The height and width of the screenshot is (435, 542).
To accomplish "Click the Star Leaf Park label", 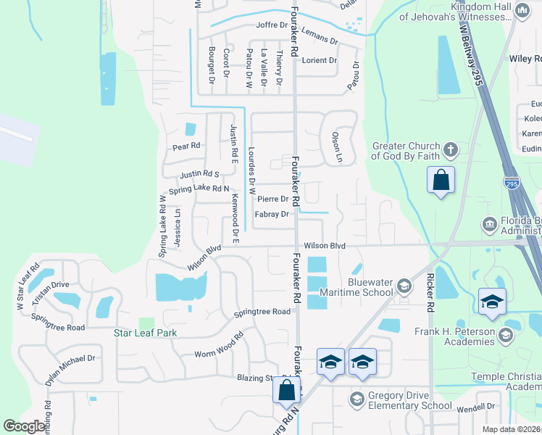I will click(146, 333).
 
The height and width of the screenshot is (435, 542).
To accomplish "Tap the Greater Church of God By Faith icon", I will click(450, 150).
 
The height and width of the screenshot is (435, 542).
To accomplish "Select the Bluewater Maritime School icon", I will click(404, 286).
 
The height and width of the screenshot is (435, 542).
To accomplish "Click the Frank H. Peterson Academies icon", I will click(506, 335).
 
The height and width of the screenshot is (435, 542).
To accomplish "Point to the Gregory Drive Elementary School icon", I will click(357, 399).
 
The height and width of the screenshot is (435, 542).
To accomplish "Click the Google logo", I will click(25, 426).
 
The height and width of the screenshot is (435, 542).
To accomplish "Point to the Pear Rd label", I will click(186, 146).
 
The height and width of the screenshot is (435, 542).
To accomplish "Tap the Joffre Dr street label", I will click(272, 25).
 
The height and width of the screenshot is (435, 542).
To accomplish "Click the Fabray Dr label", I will click(272, 215).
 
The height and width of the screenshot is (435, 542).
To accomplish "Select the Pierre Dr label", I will click(272, 199).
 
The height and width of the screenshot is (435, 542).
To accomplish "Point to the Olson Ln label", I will click(337, 146).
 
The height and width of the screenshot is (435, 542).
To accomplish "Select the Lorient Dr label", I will click(320, 60).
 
